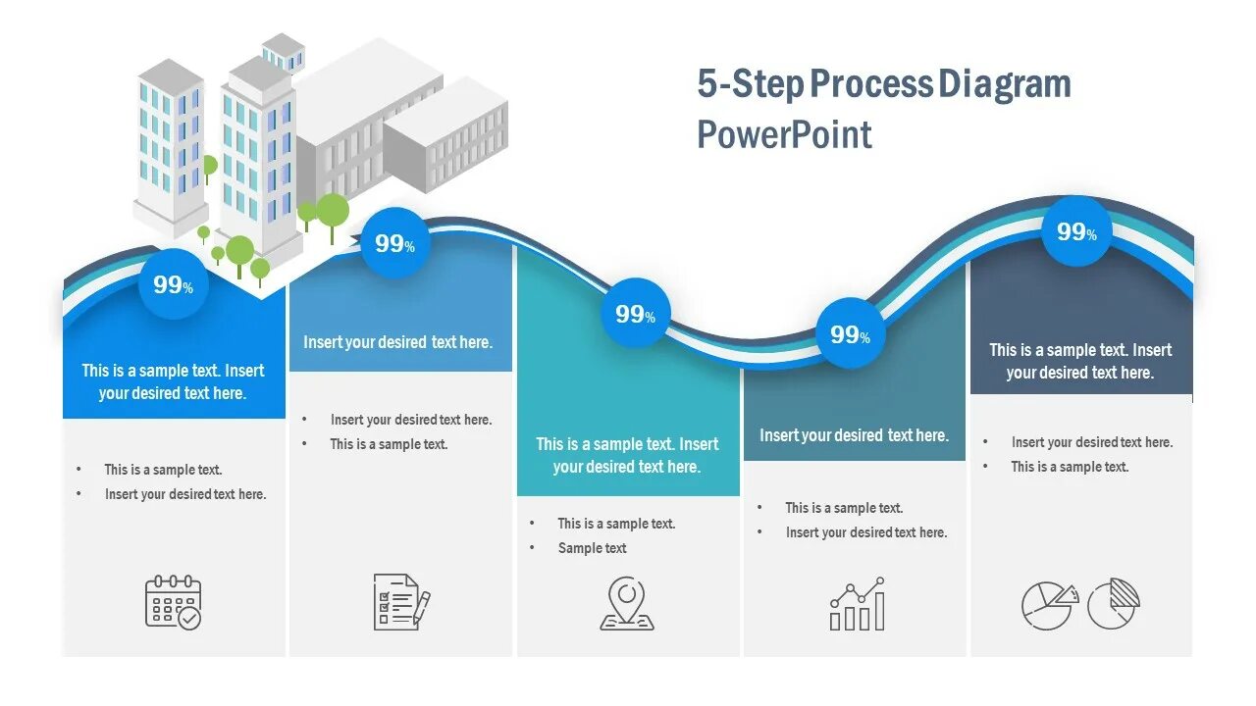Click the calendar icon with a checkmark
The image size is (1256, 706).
click(x=173, y=602)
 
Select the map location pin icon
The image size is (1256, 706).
click(x=627, y=603)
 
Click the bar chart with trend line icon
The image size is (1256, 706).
click(x=858, y=604)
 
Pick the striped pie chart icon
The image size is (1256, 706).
click(x=1114, y=603)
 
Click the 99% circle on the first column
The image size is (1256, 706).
click(x=173, y=285)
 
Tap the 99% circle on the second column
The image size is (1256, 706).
click(x=394, y=243)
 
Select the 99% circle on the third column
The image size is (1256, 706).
click(x=635, y=314)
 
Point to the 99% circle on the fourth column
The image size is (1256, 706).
click(x=850, y=334)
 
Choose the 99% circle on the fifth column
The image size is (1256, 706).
click(x=1076, y=231)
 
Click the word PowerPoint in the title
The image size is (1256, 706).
click(x=784, y=134)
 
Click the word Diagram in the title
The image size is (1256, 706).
click(x=1004, y=84)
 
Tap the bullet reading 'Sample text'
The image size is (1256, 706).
click(x=592, y=548)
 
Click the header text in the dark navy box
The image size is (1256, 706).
click(x=1080, y=361)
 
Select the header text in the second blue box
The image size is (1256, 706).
click(x=397, y=342)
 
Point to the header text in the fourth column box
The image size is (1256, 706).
click(x=854, y=435)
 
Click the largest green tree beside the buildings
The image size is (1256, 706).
click(x=333, y=211)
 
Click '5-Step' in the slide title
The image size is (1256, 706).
click(x=751, y=84)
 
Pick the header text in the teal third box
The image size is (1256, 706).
click(x=627, y=455)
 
